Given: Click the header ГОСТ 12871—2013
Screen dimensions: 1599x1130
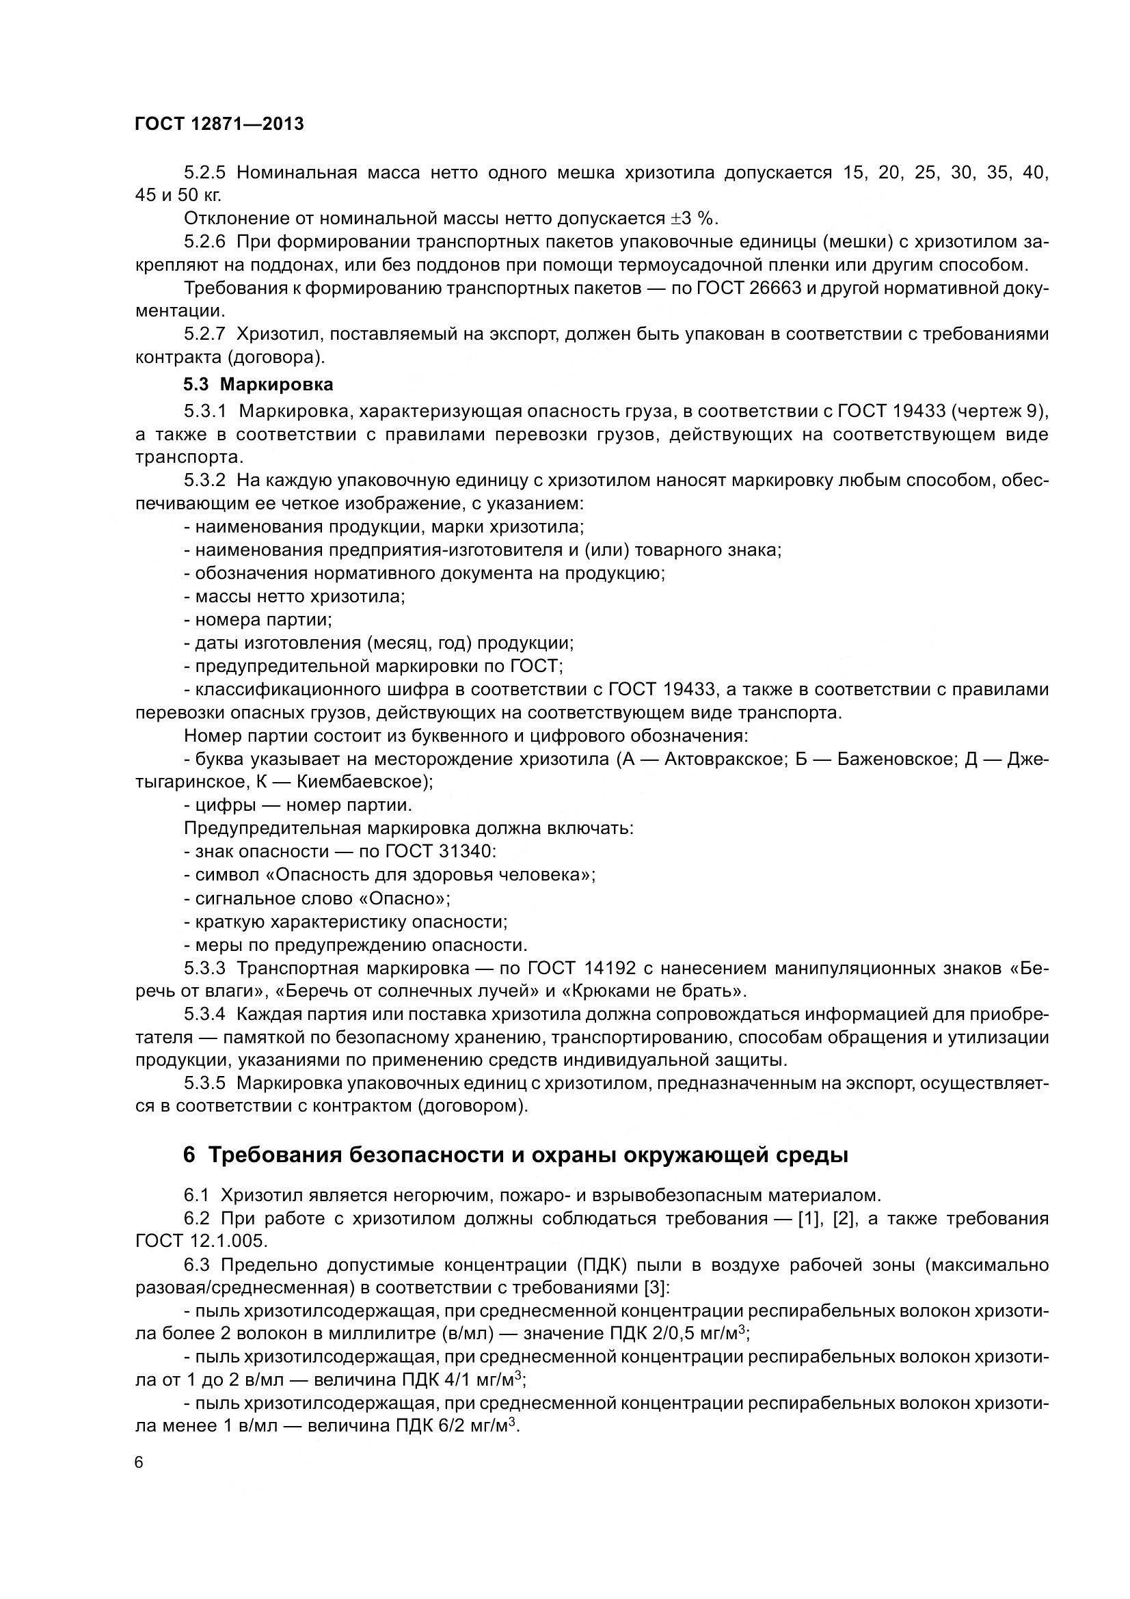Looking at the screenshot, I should (219, 124).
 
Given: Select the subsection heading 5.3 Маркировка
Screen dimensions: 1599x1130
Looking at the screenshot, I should (258, 384).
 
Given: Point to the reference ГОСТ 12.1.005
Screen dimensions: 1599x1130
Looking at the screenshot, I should (201, 1241).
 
